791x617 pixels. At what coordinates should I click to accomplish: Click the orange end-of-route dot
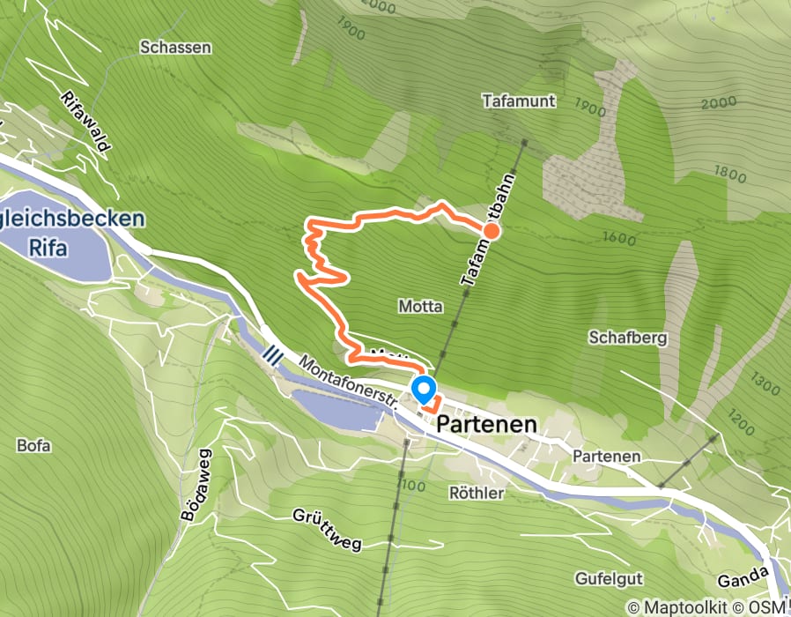click(x=492, y=232)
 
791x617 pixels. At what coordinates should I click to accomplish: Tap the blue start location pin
click(x=424, y=388)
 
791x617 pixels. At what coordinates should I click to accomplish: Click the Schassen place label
click(x=175, y=48)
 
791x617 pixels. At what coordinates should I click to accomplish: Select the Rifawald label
click(x=86, y=122)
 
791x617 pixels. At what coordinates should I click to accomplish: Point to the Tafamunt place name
click(x=519, y=100)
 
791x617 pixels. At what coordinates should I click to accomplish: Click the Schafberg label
click(x=628, y=338)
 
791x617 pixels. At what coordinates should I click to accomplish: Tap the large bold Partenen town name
click(x=487, y=424)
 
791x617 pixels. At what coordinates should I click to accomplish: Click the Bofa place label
click(x=33, y=445)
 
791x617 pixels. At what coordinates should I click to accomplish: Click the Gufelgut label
click(x=609, y=579)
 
